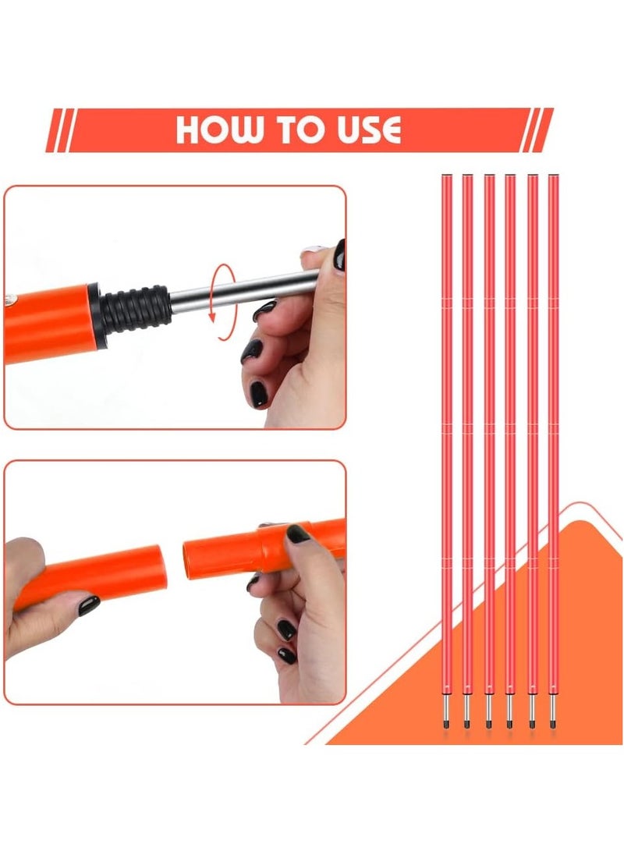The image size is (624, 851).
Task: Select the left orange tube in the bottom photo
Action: click(90, 577)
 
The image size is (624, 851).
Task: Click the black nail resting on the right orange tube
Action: click(298, 534)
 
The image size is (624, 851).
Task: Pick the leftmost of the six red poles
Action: click(447, 450)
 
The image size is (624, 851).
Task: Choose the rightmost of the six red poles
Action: click(554, 450)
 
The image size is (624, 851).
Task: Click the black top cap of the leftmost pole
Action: click(447, 175)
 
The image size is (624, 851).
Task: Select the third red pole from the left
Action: click(489, 450)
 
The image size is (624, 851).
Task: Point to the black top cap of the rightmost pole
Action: click(554, 175)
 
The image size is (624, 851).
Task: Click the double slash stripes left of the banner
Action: click(60, 130)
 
